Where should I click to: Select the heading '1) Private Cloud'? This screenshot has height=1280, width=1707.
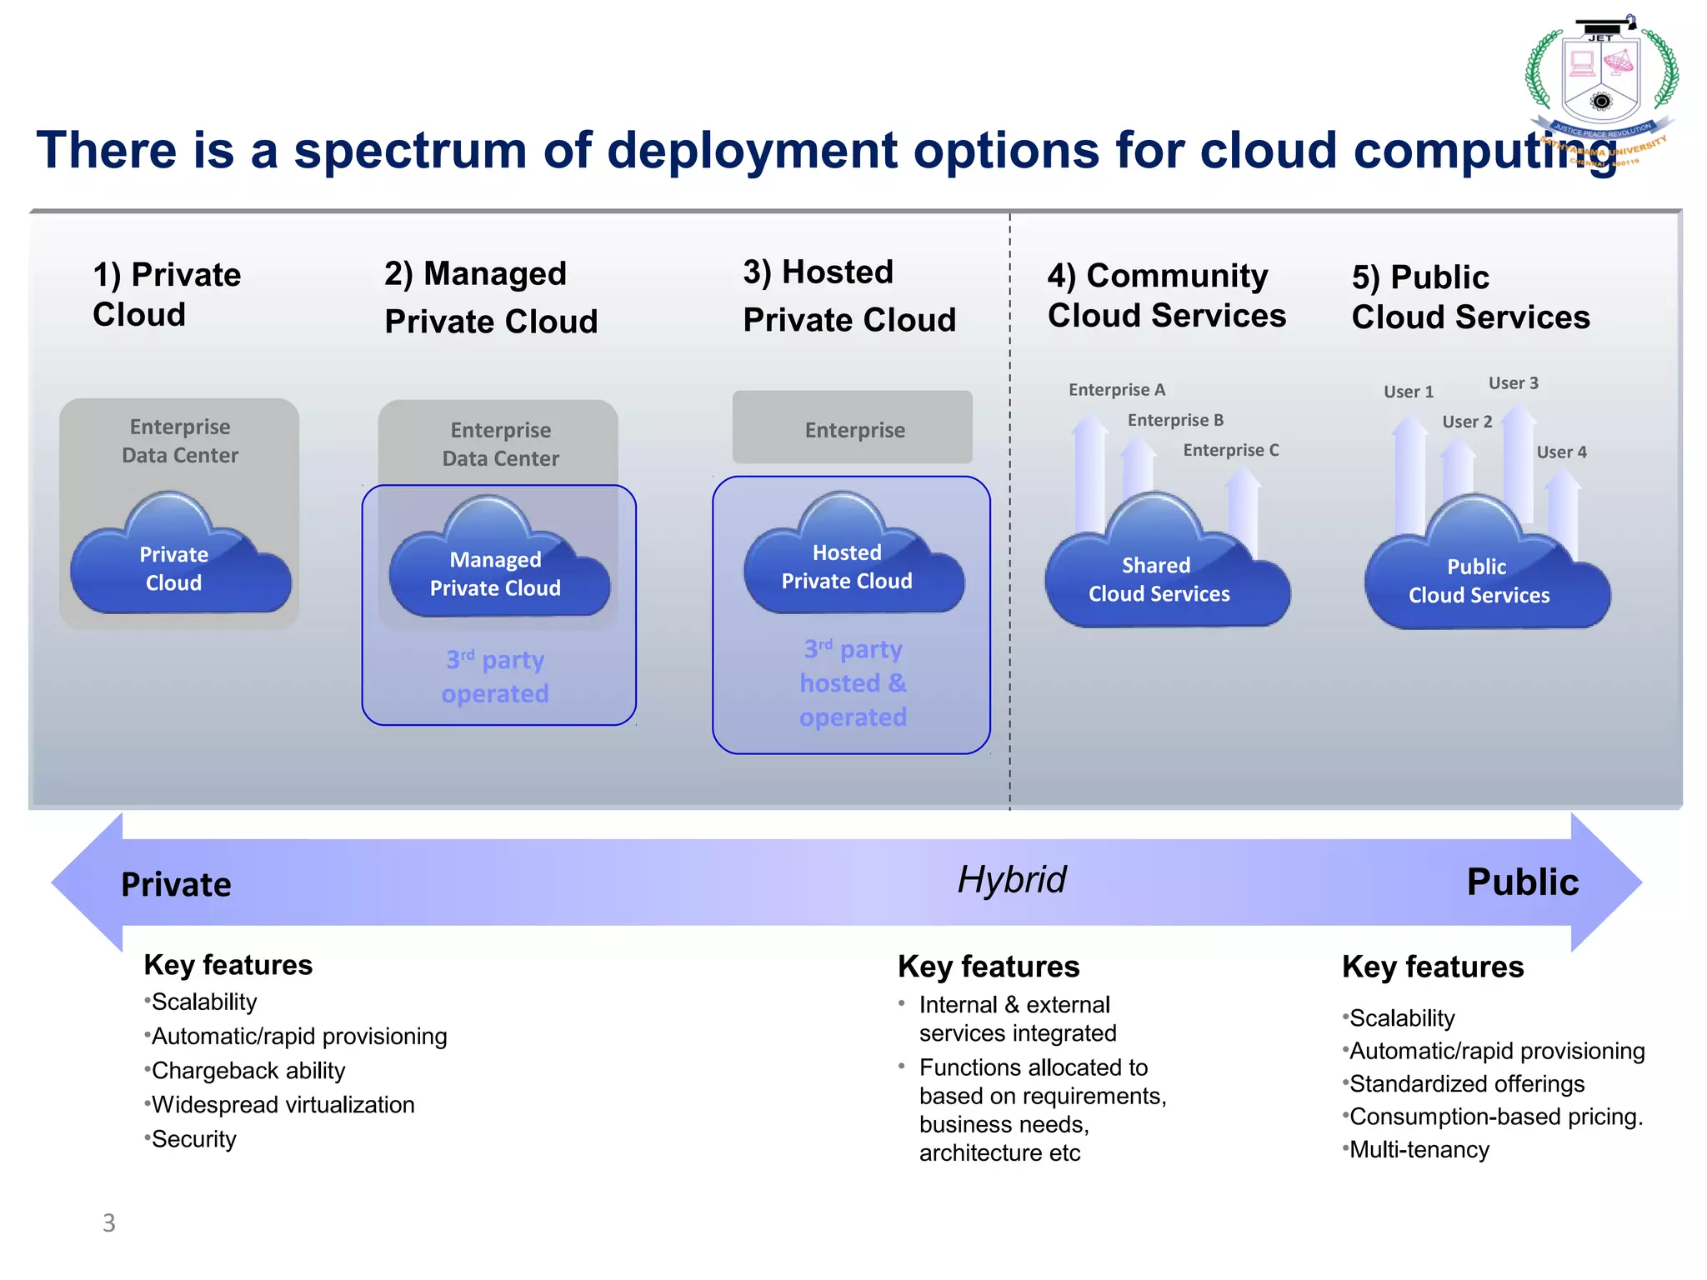tap(167, 294)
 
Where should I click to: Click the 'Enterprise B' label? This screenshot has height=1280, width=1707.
tap(1175, 420)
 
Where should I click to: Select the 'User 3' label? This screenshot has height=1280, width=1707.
tap(1513, 383)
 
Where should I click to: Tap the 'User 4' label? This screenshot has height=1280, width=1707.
tap(1561, 452)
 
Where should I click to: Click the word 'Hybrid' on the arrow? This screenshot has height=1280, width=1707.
tap(1011, 880)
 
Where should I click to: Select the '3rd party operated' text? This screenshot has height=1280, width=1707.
tap(495, 676)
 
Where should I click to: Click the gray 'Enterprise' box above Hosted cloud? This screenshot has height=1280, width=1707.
tap(853, 428)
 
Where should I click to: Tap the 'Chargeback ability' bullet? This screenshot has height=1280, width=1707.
tap(248, 1071)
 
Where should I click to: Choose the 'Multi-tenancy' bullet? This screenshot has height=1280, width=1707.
tap(1419, 1150)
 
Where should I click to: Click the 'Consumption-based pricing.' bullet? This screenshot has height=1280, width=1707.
tap(1495, 1117)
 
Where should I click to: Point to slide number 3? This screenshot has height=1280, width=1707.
tap(109, 1222)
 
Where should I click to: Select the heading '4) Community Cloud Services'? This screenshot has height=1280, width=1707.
tap(1165, 296)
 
